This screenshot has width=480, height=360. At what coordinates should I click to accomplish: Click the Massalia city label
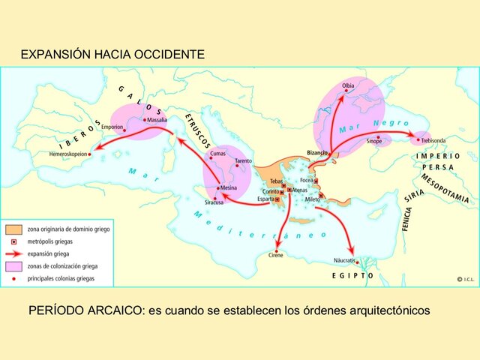coord(157,120)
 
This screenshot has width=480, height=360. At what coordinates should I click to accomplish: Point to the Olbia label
coord(348,86)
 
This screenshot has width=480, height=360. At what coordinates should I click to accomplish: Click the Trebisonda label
coord(434,139)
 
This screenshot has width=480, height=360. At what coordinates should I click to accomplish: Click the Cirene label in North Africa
coord(277,256)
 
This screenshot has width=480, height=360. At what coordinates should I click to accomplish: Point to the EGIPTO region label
coord(353,275)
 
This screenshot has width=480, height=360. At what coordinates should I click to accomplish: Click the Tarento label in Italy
coord(243,161)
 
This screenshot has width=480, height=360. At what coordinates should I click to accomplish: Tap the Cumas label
coord(217,153)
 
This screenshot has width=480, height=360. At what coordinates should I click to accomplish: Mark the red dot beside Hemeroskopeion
coord(91,154)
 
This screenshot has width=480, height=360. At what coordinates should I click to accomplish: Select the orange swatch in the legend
coord(13,227)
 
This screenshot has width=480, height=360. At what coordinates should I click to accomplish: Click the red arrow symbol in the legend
coord(13,254)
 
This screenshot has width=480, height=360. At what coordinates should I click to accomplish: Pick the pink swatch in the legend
coord(13,266)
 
